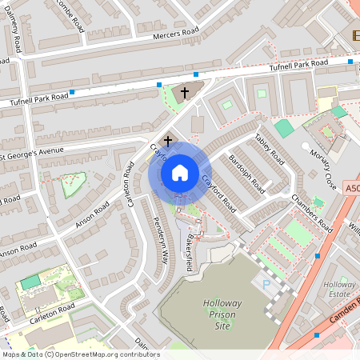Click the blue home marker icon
click(179, 172)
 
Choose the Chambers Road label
click(311, 212)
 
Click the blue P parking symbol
click(266, 284)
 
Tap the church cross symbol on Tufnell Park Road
click(185, 93)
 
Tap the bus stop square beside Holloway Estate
click(318, 256)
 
